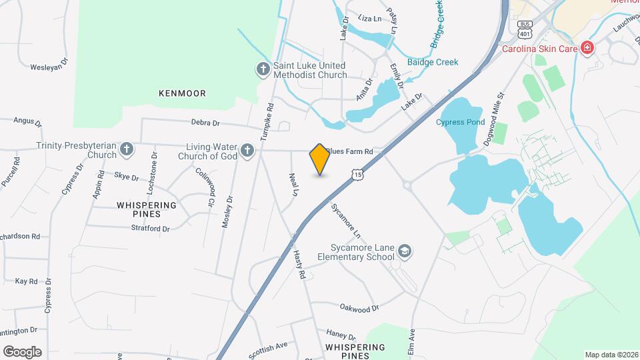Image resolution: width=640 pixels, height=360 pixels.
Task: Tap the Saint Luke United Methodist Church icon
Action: click(x=263, y=69)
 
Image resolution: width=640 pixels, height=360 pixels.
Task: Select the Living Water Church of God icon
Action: click(x=247, y=150)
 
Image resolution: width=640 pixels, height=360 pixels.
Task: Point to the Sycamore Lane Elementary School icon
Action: click(x=404, y=251)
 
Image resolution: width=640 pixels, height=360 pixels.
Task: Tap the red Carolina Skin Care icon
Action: click(x=587, y=47)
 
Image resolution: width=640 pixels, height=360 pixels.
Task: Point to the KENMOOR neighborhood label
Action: click(x=182, y=93)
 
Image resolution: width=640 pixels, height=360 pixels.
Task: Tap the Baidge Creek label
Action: click(x=438, y=62)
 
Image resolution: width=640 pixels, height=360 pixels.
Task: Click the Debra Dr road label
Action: click(x=205, y=123)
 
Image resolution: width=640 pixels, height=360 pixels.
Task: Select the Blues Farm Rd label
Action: click(x=349, y=151)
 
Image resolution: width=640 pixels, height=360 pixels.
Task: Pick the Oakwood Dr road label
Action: click(x=359, y=308)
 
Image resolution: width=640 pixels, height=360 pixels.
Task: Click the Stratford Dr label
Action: click(x=150, y=228)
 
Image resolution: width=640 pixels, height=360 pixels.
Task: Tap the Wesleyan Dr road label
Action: click(x=49, y=66)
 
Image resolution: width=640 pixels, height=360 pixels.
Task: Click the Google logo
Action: click(x=22, y=352)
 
